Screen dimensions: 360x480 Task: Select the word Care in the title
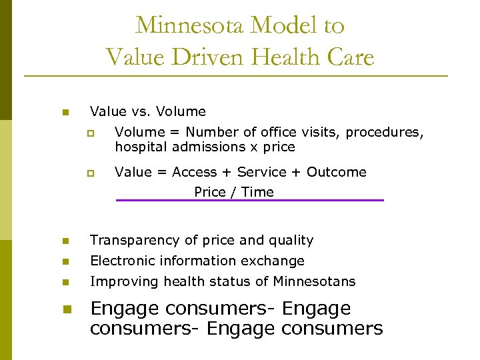click(x=351, y=57)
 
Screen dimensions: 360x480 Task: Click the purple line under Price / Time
click(x=250, y=200)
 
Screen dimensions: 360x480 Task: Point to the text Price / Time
click(x=234, y=192)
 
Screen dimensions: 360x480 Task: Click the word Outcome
click(x=337, y=172)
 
